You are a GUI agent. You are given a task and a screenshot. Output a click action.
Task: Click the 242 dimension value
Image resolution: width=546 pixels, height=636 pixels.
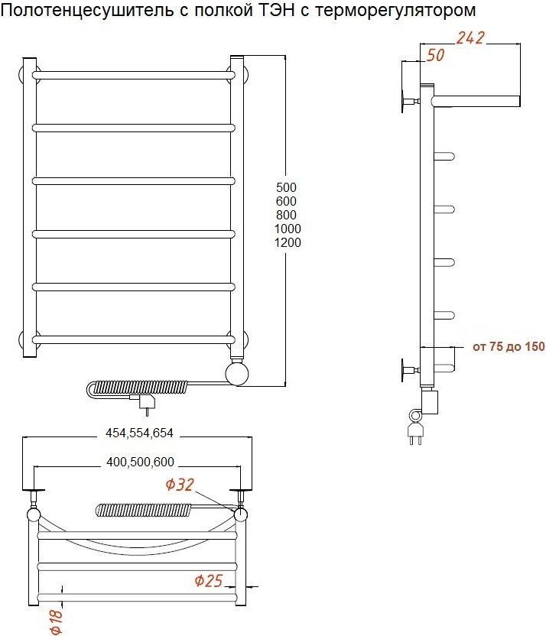tap(470, 37)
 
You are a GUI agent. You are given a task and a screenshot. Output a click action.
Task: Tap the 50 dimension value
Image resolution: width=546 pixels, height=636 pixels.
tap(435, 55)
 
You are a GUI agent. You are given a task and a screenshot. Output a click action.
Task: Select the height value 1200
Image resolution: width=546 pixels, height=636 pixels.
tap(288, 242)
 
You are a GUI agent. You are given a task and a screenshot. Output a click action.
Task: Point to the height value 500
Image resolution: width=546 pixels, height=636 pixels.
tap(287, 187)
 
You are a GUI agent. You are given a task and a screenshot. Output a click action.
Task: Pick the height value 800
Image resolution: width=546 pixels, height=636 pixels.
tap(287, 215)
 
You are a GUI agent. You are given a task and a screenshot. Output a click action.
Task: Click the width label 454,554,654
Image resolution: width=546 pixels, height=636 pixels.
tap(139, 433)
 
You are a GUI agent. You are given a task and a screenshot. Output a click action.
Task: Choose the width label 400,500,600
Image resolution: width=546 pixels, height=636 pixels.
tap(140, 462)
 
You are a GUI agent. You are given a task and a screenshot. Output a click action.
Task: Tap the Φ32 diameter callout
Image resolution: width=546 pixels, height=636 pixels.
tap(180, 485)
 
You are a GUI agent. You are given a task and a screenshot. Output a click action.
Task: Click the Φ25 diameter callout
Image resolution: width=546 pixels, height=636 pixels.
tap(209, 581)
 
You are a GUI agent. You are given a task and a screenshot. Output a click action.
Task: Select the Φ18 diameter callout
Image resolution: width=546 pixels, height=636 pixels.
tap(56, 620)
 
